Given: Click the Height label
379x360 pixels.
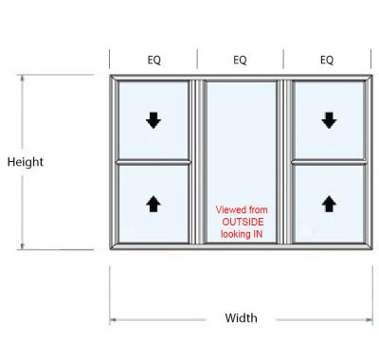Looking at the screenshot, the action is coord(26,162).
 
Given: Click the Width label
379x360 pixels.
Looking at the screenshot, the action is coord(241,318).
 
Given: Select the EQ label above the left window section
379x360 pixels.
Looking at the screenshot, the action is coord(153,60).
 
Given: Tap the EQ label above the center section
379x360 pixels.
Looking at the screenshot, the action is coord(240,60).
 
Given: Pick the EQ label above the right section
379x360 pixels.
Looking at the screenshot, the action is coord(327,60).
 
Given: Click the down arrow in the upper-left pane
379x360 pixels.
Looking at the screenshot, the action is coord(153,120).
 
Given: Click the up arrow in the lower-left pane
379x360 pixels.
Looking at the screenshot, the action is coord(153,203).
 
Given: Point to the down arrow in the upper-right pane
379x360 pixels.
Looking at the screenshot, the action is coord(329,120).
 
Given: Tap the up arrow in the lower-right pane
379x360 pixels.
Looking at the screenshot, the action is coord(329,203).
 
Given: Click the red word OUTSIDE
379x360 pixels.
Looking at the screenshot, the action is coord(242,221).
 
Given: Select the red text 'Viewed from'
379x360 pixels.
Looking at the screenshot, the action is coord(242,209).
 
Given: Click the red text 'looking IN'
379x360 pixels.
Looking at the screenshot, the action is coord(242,232).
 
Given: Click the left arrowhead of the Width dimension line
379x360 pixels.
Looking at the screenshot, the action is coord(113,320).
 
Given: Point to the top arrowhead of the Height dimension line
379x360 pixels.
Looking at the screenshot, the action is coord(23,78).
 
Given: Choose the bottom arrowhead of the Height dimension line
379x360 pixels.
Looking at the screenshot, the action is coord(23,247).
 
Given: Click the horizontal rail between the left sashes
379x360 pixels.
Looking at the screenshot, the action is coord(153,161).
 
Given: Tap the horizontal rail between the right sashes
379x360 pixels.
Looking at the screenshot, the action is coord(329,161).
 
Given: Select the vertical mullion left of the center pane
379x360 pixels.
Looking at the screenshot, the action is coord(198,162).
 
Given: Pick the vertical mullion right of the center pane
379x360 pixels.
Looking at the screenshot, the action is coord(283,162).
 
